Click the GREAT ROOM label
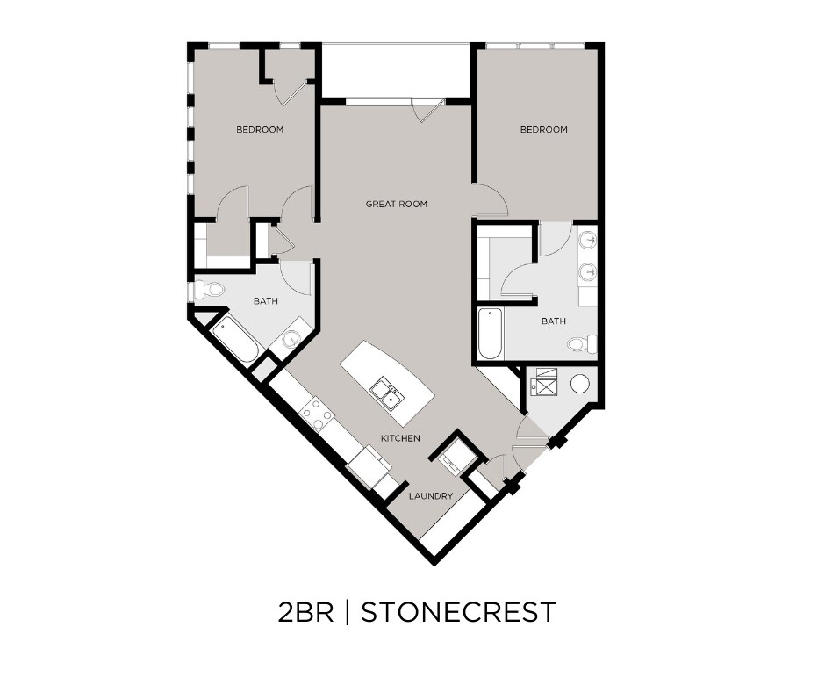pyautogui.click(x=396, y=204)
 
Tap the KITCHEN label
pyautogui.click(x=399, y=438)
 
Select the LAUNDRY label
pyautogui.click(x=431, y=496)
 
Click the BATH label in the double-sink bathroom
pyautogui.click(x=553, y=321)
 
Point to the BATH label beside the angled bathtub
pyautogui.click(x=265, y=301)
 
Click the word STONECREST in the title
pyautogui.click(x=458, y=611)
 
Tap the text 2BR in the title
pyautogui.click(x=305, y=611)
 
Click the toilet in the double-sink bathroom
pyautogui.click(x=582, y=343)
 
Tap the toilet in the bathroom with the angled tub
pyautogui.click(x=208, y=288)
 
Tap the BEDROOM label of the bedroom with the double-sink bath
pyautogui.click(x=543, y=130)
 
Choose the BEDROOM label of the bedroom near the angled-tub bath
pyautogui.click(x=260, y=130)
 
